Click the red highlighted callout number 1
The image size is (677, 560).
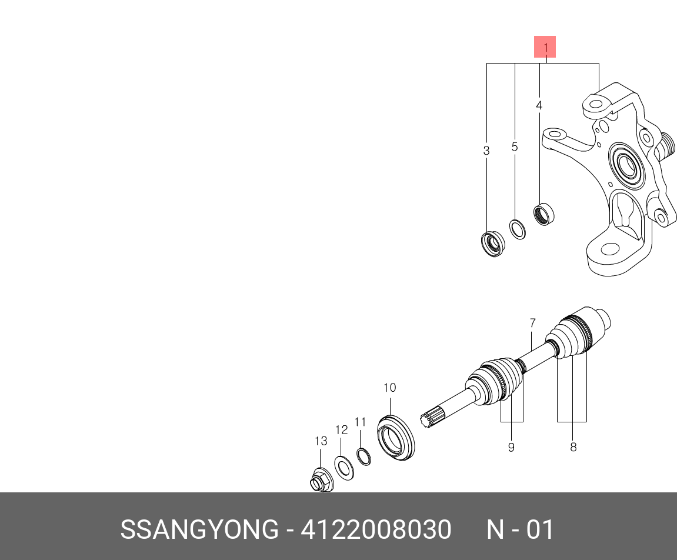tap(545, 47)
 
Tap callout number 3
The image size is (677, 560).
tap(486, 151)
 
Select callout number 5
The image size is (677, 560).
tap(515, 147)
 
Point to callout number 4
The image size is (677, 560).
tap(539, 106)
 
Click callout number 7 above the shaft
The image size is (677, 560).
tap(532, 323)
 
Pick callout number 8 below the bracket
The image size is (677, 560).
tap(573, 447)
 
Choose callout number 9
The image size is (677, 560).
tap(511, 447)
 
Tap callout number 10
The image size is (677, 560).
tap(389, 388)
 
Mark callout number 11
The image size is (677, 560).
tap(360, 422)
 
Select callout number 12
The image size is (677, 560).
tap(342, 430)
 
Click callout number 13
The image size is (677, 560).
tap(320, 441)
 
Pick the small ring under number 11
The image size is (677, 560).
tap(363, 456)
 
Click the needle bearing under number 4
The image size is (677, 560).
tap(544, 213)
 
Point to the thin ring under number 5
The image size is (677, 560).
tap(517, 229)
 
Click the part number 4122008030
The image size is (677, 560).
tap(376, 529)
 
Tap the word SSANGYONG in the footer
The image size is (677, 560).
tap(199, 529)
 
